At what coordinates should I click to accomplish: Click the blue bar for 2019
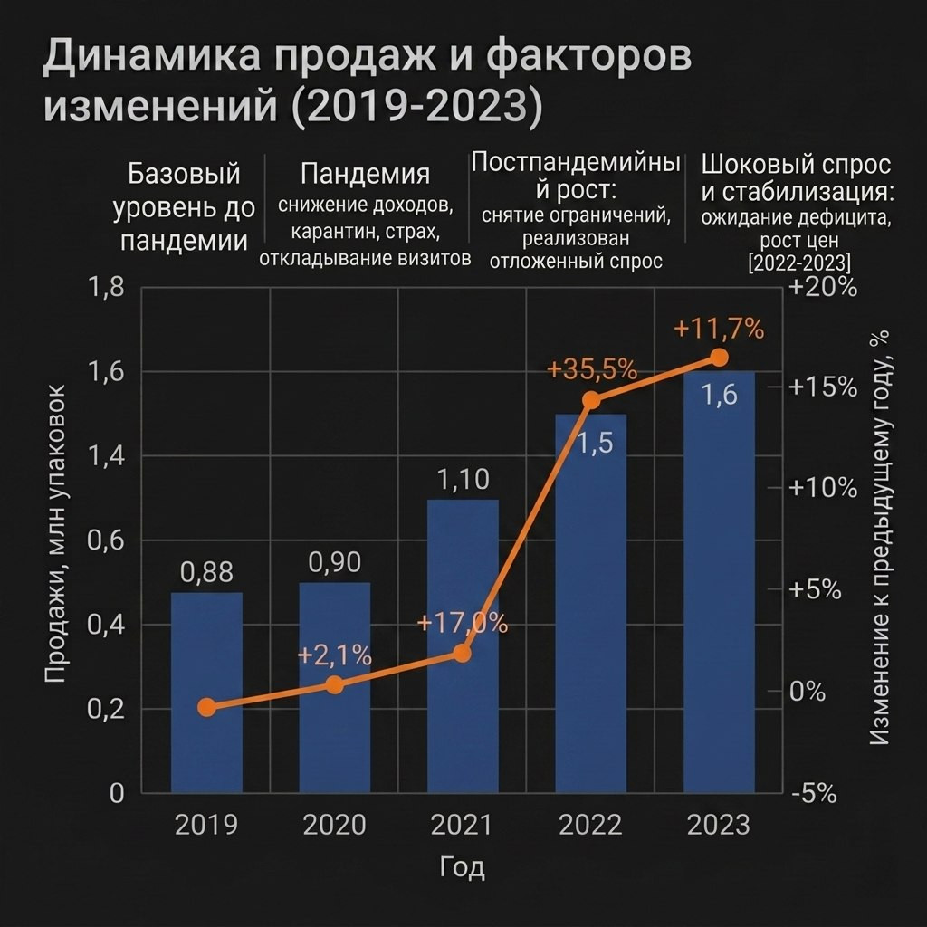point(206,693)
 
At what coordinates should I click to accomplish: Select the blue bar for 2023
point(719,582)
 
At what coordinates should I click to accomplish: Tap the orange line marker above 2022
point(591,400)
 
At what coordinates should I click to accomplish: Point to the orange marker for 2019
point(206,707)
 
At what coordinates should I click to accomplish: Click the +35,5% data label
point(592,370)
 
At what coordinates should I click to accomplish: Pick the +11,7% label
point(719,329)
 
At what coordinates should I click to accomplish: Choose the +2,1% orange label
point(334,655)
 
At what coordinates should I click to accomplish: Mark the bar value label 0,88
point(207,572)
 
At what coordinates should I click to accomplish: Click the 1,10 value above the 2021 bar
point(463,480)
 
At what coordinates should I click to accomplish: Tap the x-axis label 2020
point(335,825)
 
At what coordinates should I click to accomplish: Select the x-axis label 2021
point(462,825)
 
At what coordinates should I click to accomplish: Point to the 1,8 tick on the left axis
point(107,287)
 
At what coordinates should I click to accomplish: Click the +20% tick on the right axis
point(823,287)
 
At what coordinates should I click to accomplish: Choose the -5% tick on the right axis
point(814,794)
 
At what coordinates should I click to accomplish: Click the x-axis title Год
point(463,867)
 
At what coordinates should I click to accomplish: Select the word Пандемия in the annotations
point(365,174)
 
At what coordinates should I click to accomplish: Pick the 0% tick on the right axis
point(808,691)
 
